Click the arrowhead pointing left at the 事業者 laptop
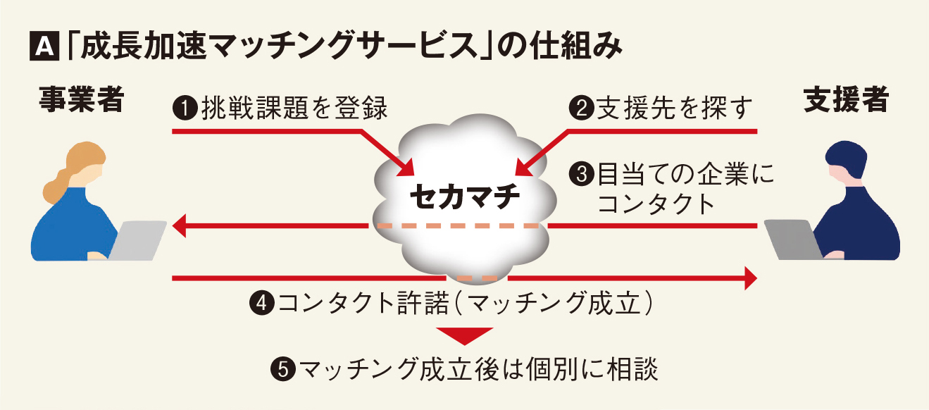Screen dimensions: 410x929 coord(180,226)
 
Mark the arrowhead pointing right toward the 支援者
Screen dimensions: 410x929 coord(749,279)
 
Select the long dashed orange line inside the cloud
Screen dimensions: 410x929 coord(458,226)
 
